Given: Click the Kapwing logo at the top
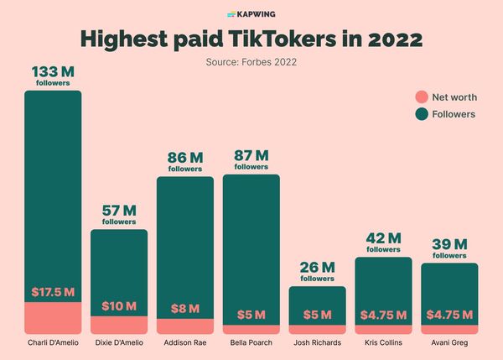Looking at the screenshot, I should [251, 14].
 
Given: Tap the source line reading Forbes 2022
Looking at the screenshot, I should [251, 61].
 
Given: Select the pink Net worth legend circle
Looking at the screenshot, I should [421, 97].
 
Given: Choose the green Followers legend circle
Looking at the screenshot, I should [421, 114].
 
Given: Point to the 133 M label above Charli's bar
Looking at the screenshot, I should [52, 73].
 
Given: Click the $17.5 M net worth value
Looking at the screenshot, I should [53, 292].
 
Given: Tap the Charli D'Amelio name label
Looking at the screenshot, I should [53, 342].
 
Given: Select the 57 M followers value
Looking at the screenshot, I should [119, 211].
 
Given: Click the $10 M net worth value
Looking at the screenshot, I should [119, 305].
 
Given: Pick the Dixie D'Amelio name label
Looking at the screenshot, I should [119, 342].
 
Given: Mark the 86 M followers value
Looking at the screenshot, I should [184, 157].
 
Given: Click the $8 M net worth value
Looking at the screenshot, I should [184, 308].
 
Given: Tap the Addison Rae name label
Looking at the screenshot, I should [184, 342].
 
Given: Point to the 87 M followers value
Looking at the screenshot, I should [251, 155].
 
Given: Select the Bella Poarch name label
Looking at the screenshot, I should [251, 342].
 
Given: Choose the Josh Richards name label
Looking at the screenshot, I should [317, 342].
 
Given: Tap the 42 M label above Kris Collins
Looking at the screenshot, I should [383, 238].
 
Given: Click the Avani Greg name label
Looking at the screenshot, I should [449, 342].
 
